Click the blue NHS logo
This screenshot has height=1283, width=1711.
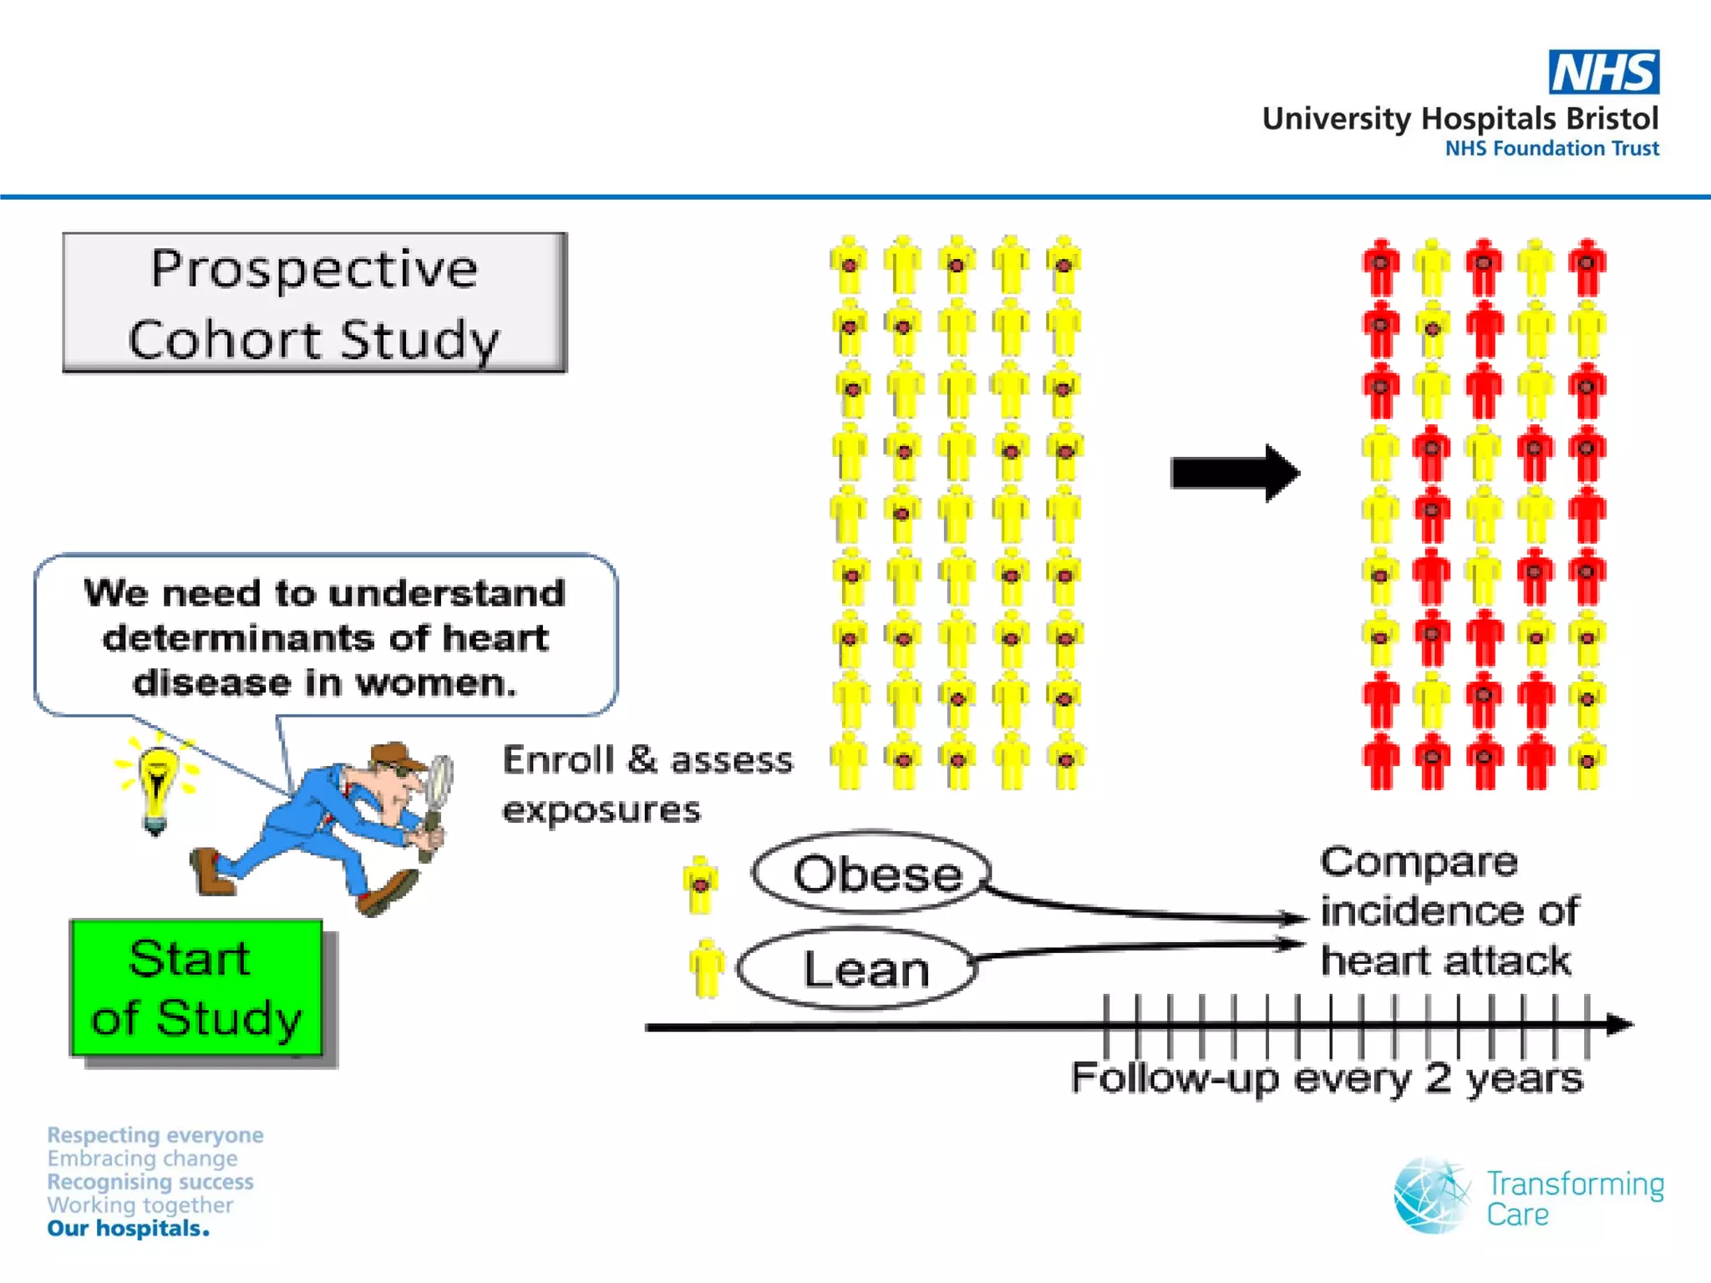pyautogui.click(x=1603, y=72)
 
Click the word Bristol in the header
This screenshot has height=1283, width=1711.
pyautogui.click(x=1612, y=119)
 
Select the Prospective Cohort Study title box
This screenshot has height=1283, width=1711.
pyautogui.click(x=314, y=302)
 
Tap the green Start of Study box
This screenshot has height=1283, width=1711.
pyautogui.click(x=196, y=987)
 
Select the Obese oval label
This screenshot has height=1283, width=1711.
pyautogui.click(x=871, y=873)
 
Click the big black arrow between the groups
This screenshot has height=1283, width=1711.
pyautogui.click(x=1234, y=473)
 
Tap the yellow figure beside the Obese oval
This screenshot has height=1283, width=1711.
pyautogui.click(x=700, y=884)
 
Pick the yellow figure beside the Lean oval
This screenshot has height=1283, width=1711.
pyautogui.click(x=707, y=967)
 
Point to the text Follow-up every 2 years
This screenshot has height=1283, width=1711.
pyautogui.click(x=1326, y=1078)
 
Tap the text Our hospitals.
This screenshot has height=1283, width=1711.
pyautogui.click(x=128, y=1229)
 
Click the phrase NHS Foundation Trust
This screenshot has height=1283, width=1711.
pyautogui.click(x=1551, y=149)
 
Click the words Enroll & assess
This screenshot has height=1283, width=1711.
pyautogui.click(x=647, y=760)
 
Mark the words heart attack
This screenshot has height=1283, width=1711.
pyautogui.click(x=1445, y=961)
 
